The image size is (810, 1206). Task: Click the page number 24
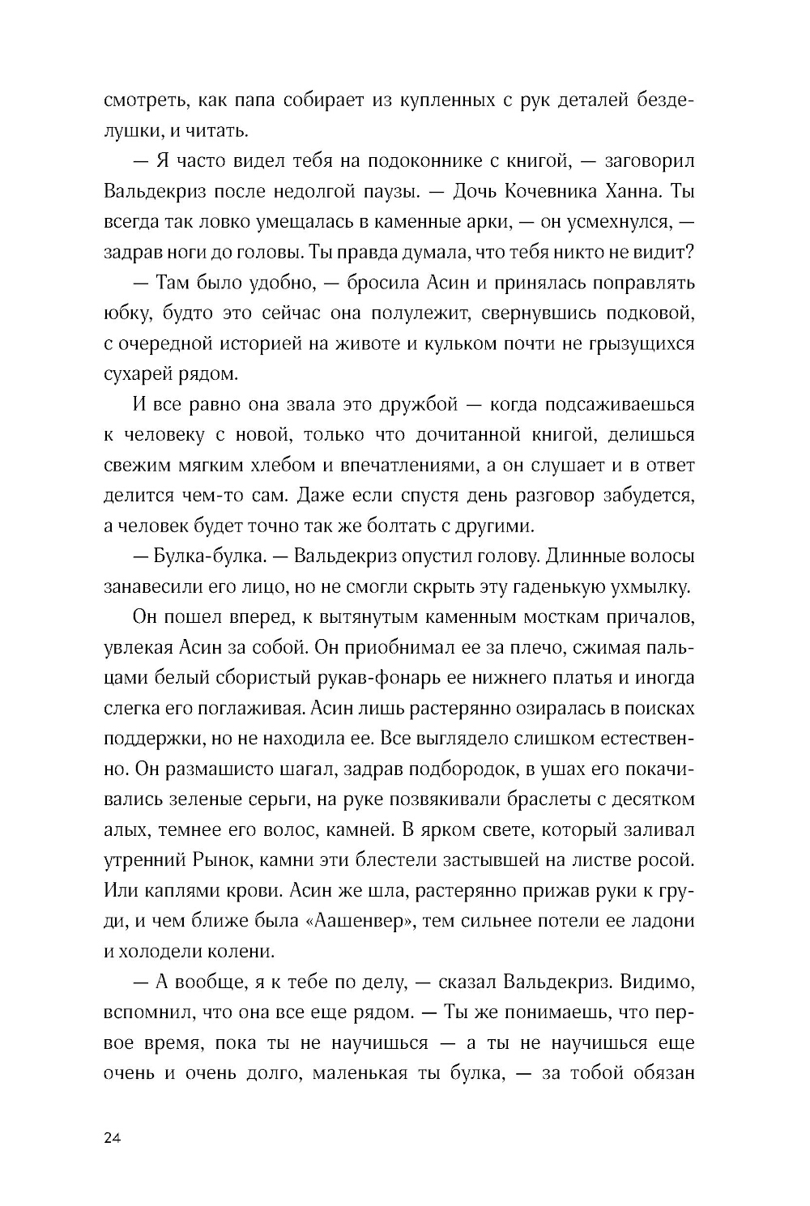click(113, 1138)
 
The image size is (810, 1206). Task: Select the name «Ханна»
click(643, 192)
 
